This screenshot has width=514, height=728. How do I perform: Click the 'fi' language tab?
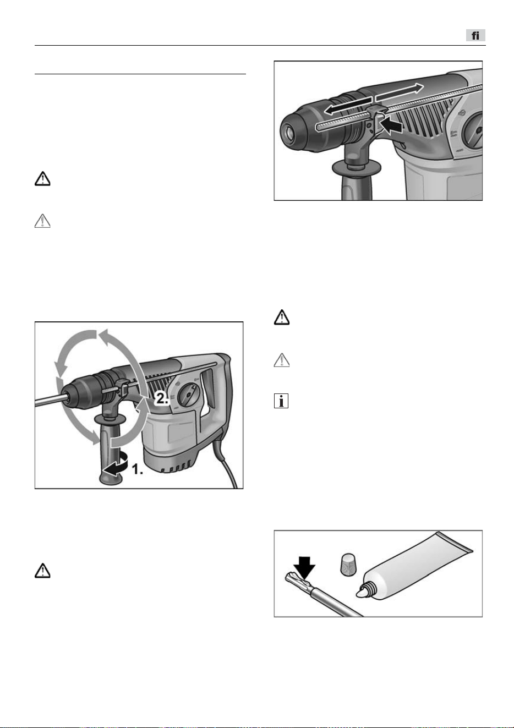(475, 35)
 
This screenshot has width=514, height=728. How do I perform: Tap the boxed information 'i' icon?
(281, 401)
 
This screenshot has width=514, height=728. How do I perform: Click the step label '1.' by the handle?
(137, 469)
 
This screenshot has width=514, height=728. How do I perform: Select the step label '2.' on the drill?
(162, 398)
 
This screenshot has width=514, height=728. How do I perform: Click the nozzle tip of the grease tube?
(361, 593)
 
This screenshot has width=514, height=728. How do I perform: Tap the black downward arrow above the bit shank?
(304, 568)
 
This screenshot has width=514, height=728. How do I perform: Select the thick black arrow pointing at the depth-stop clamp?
(392, 125)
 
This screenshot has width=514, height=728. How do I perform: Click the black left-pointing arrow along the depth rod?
(348, 106)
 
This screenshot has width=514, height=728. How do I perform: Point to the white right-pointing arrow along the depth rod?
(400, 92)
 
